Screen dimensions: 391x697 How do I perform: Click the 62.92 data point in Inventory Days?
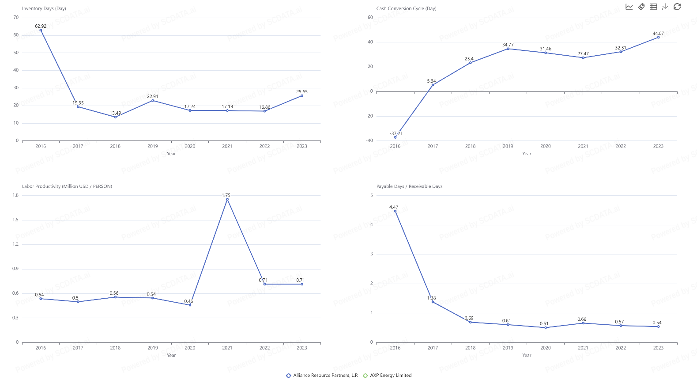point(41,30)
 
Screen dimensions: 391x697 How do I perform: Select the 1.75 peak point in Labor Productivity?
point(227,199)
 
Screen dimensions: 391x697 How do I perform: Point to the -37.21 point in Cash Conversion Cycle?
point(395,137)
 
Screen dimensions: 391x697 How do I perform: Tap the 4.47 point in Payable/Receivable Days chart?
point(395,211)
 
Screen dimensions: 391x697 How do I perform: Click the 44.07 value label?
point(658,34)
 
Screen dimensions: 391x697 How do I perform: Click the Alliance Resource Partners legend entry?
point(322,376)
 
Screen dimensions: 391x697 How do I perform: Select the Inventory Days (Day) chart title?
point(44,8)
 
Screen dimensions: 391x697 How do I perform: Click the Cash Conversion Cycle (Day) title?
point(406,8)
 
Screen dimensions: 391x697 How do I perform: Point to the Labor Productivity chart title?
point(67,186)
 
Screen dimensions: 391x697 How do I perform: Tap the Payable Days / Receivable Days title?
point(409,186)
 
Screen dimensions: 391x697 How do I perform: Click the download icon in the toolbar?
point(665,7)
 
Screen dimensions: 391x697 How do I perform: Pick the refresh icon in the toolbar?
point(677,7)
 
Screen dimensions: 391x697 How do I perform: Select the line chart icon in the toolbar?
point(629,7)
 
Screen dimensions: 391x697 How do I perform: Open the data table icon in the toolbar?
point(653,7)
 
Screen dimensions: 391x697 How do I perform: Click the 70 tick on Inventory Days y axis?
point(16,18)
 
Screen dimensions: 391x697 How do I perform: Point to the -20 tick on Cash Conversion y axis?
point(369,116)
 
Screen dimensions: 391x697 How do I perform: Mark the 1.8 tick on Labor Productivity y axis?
point(16,195)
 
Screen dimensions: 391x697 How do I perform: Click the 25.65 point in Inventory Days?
point(302,96)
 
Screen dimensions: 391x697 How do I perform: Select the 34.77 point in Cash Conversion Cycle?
point(508,49)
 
